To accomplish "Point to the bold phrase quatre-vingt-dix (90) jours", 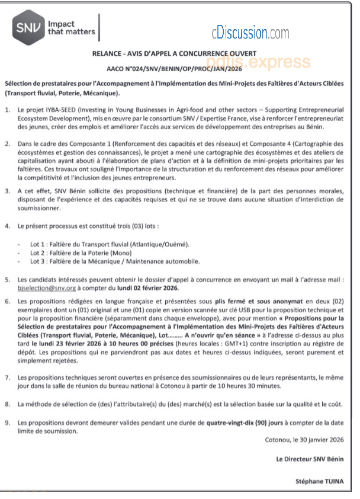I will click(245, 423).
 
